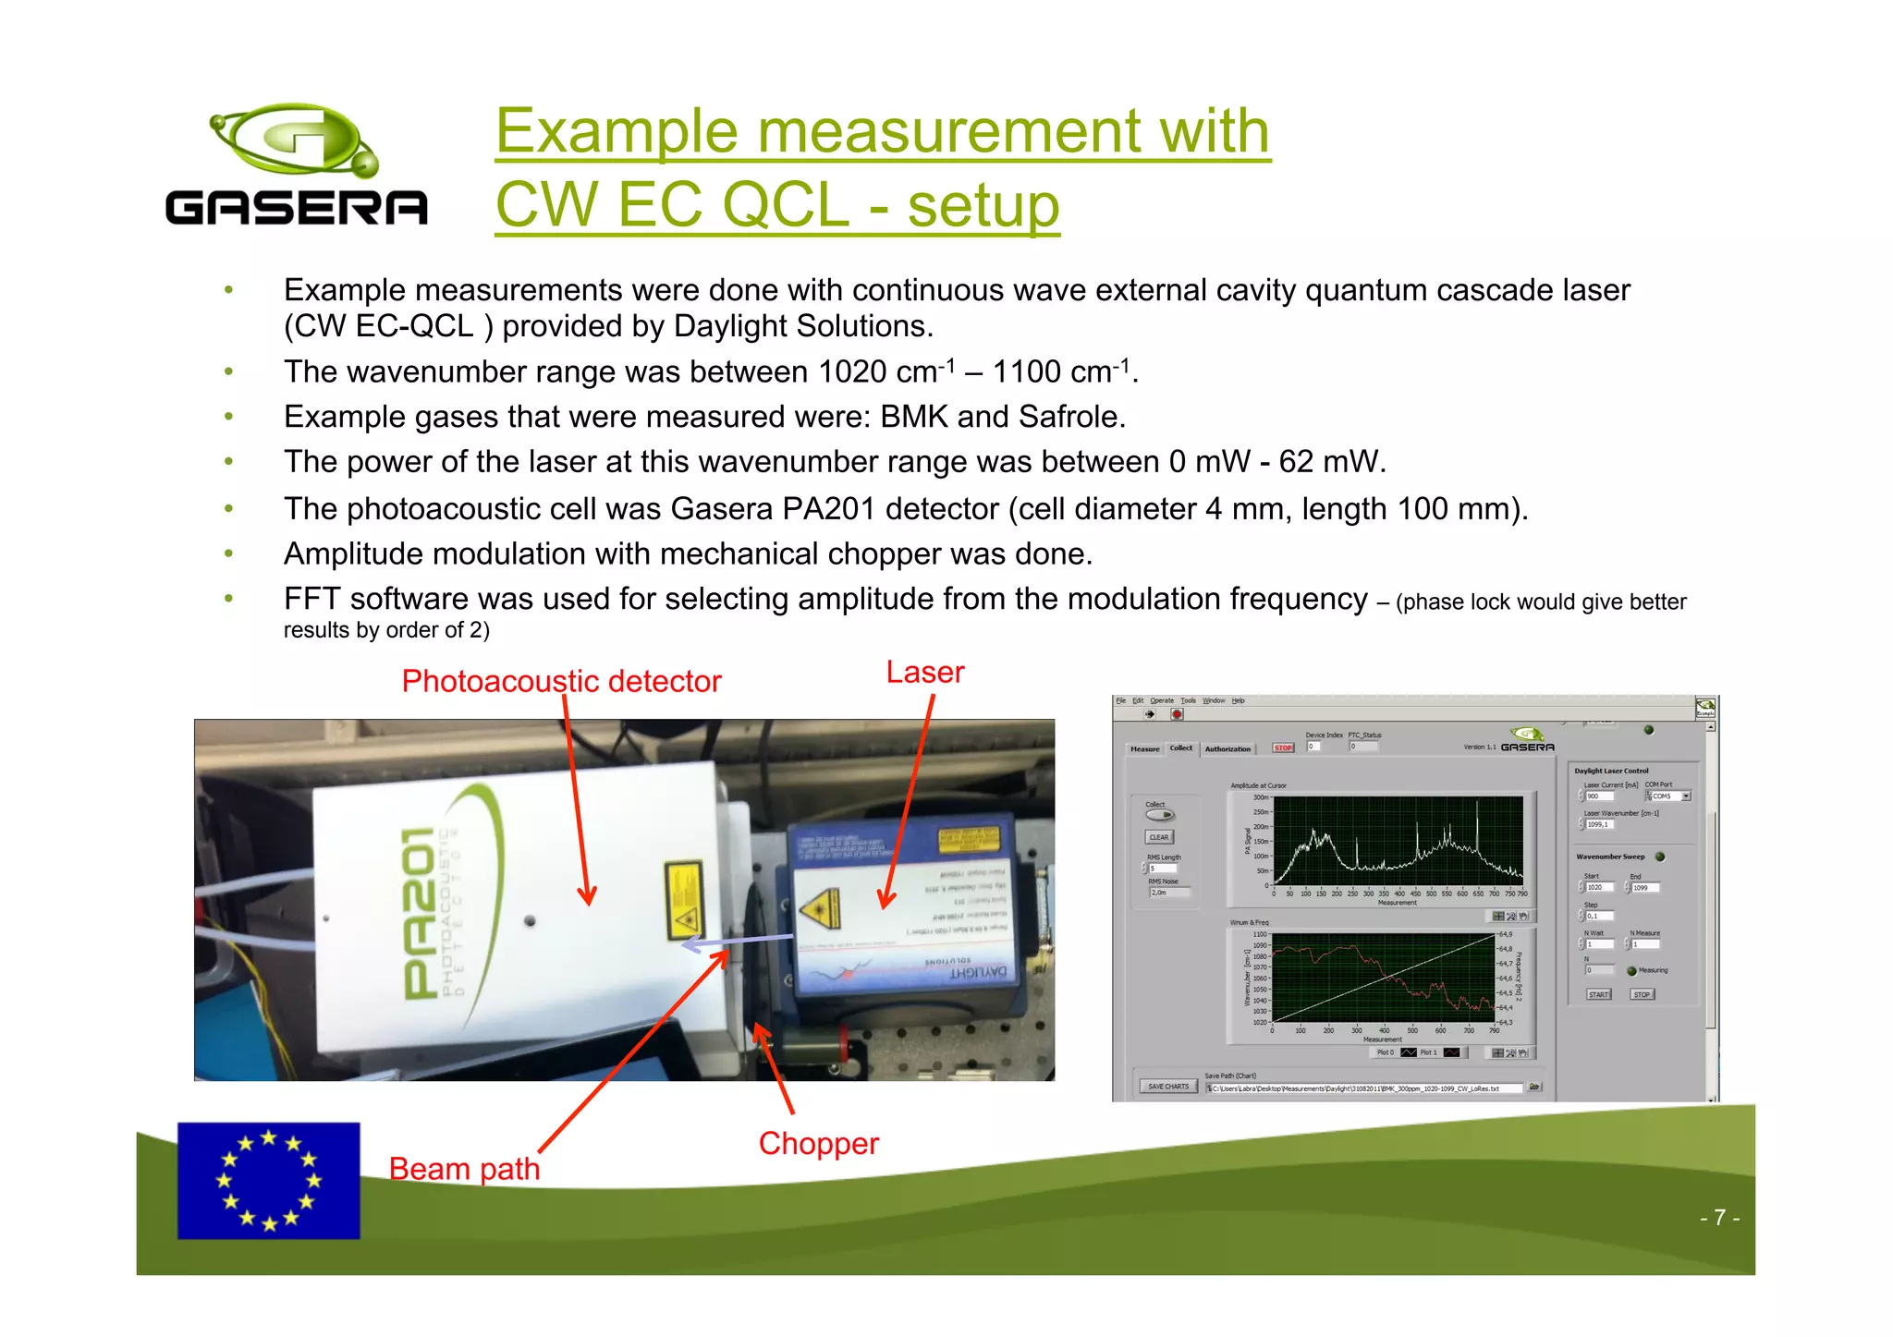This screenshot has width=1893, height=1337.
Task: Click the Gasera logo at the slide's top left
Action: tap(296, 164)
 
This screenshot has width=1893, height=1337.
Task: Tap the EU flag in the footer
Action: tap(268, 1180)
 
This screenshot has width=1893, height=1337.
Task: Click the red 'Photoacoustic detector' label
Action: tap(561, 681)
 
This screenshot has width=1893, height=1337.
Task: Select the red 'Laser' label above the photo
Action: tap(924, 672)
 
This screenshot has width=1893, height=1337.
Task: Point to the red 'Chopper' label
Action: tap(818, 1143)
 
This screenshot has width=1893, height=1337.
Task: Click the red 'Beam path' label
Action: tap(464, 1169)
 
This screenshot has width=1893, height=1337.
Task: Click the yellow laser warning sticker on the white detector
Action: tap(684, 901)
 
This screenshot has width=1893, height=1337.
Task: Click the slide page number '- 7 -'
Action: tap(1719, 1218)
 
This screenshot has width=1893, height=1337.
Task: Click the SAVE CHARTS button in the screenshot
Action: tap(1168, 1087)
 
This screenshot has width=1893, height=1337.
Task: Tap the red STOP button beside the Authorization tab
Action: tap(1283, 748)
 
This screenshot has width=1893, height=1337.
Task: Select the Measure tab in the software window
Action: tap(1144, 749)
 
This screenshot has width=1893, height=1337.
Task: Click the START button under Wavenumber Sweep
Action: tap(1599, 995)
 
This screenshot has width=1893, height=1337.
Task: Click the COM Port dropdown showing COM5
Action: tap(1668, 796)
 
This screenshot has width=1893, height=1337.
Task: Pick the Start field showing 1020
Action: tap(1600, 887)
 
